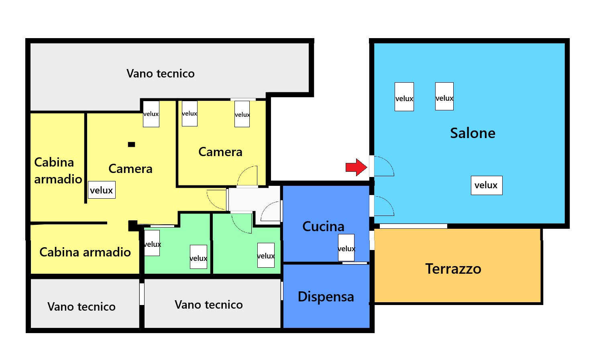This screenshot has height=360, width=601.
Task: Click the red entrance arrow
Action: (x=356, y=167)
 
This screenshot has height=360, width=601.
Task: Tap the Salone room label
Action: (x=473, y=133)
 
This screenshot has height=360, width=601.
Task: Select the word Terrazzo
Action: (x=453, y=268)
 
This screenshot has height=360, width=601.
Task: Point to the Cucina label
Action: (x=323, y=226)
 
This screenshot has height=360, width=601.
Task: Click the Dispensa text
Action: (x=326, y=297)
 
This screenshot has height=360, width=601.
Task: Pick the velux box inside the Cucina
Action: (x=346, y=248)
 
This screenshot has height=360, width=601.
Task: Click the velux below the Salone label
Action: (x=486, y=185)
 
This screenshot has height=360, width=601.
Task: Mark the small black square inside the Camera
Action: (x=131, y=144)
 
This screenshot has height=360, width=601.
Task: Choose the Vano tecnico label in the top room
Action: (x=160, y=73)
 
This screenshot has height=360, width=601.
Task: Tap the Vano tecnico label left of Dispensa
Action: (x=208, y=305)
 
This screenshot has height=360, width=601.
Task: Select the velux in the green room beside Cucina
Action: (x=266, y=255)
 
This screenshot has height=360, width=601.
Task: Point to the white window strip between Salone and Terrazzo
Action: (x=413, y=226)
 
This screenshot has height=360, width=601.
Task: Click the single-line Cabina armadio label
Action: (x=85, y=252)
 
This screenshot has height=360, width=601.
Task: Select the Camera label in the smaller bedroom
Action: (x=220, y=152)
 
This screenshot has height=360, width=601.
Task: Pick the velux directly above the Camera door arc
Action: (x=242, y=114)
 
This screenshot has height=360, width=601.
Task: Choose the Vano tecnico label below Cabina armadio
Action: (x=81, y=307)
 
